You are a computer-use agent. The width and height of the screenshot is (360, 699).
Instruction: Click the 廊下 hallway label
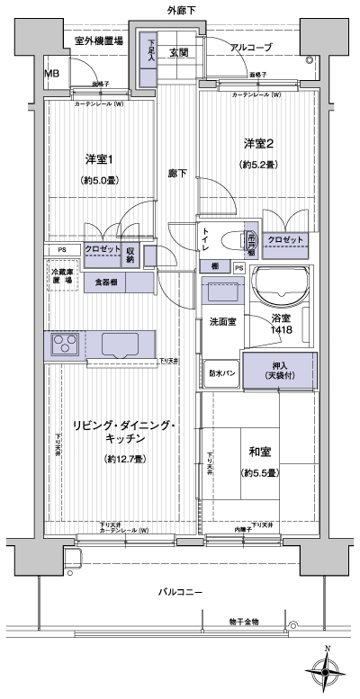(176, 174)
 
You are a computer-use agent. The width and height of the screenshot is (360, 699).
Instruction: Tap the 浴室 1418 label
(282, 325)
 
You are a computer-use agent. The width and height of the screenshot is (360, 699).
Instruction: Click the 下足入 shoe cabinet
(152, 50)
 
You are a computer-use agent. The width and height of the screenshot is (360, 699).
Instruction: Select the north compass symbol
(327, 668)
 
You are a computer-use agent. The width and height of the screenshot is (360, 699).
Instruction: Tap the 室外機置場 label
(98, 41)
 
